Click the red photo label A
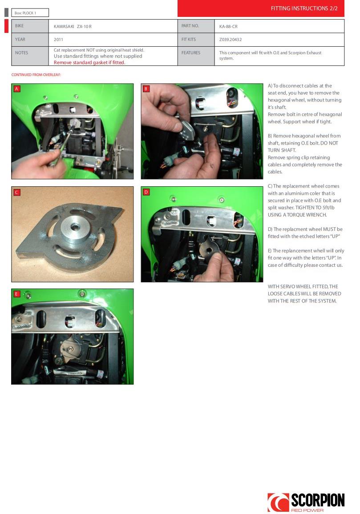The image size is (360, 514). click(x=17, y=88)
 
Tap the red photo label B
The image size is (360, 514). click(x=146, y=88)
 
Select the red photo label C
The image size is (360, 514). click(x=17, y=192)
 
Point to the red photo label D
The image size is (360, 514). click(x=146, y=192)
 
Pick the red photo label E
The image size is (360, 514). click(x=17, y=294)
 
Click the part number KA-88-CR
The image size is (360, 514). click(x=228, y=26)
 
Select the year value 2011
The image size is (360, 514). click(x=58, y=39)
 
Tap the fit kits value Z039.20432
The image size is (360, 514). click(x=231, y=39)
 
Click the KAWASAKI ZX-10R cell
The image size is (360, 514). click(x=73, y=26)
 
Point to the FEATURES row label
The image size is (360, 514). click(x=190, y=52)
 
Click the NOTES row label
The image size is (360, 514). click(x=21, y=52)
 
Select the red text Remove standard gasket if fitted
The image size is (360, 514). click(x=89, y=62)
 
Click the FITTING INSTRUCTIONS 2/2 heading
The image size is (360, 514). click(x=304, y=8)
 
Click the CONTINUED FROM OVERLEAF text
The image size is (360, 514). click(x=36, y=75)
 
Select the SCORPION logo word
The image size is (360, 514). click(x=318, y=500)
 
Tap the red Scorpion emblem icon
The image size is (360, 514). click(x=278, y=502)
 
